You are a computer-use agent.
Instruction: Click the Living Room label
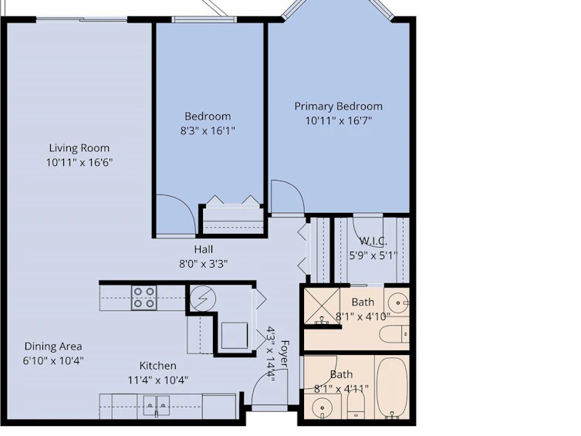pyautogui.click(x=79, y=148)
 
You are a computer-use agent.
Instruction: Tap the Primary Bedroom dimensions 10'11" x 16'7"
pyautogui.click(x=339, y=120)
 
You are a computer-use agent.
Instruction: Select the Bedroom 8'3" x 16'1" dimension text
pyautogui.click(x=208, y=130)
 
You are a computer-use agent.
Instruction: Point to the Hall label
pyautogui.click(x=204, y=249)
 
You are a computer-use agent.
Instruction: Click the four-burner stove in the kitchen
pyautogui.click(x=144, y=297)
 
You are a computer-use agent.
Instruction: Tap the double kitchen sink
pyautogui.click(x=157, y=406)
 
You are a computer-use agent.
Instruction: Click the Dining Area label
pyautogui.click(x=53, y=346)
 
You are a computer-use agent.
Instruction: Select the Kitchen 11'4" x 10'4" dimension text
pyautogui.click(x=158, y=380)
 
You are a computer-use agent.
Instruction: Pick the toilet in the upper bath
pyautogui.click(x=394, y=334)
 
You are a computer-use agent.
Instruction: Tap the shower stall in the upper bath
pyautogui.click(x=322, y=306)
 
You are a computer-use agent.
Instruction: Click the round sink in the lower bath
pyautogui.click(x=322, y=407)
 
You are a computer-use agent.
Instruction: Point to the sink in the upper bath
pyautogui.click(x=398, y=302)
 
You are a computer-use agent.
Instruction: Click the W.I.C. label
pyautogui.click(x=373, y=242)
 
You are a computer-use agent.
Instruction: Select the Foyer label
pyautogui.click(x=284, y=353)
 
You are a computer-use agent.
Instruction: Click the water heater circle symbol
pyautogui.click(x=203, y=299)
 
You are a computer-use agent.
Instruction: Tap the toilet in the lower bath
pyautogui.click(x=356, y=404)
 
